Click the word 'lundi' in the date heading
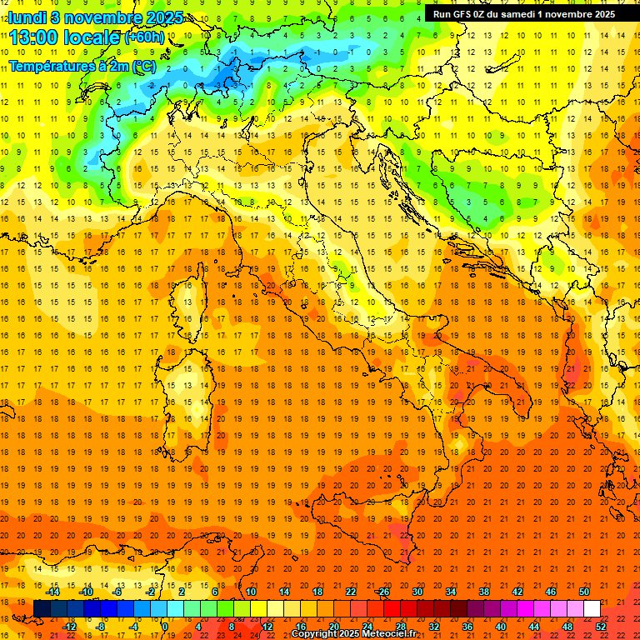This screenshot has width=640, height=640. point(27,17)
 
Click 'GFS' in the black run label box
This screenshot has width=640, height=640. point(462,13)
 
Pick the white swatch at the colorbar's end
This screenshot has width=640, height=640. point(592,608)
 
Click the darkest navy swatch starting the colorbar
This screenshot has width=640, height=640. point(42,608)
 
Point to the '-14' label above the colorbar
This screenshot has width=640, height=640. point(53,592)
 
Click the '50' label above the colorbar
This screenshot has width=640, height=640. point(583,592)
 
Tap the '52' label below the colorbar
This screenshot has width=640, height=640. point(601,626)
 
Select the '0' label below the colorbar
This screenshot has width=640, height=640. point(165,626)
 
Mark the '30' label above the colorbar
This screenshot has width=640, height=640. point(417,592)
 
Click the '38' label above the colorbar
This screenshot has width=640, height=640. point(484,592)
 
